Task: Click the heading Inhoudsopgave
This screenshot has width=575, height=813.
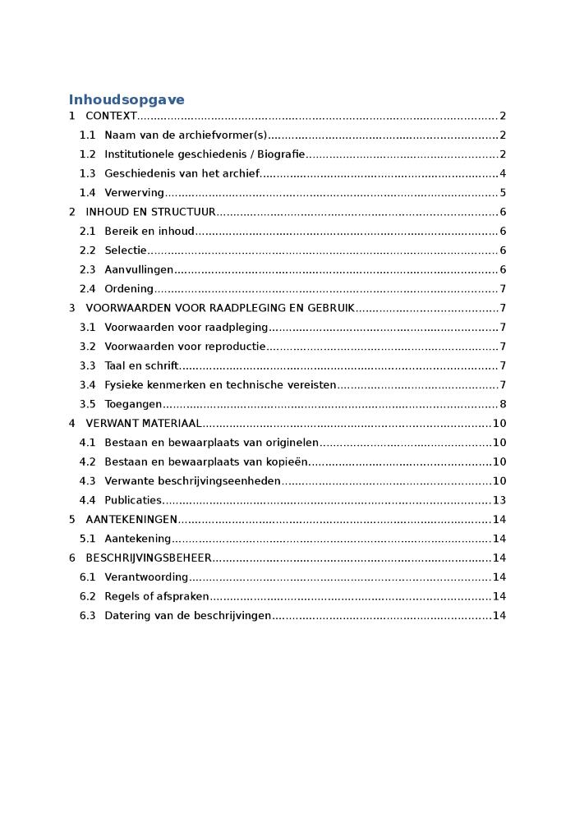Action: tap(126, 100)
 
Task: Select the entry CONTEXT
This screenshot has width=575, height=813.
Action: tap(111, 117)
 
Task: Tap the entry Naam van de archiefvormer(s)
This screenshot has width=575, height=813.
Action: tap(186, 135)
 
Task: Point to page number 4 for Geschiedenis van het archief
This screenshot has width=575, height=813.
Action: tap(503, 174)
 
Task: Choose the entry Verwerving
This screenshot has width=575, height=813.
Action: tap(134, 193)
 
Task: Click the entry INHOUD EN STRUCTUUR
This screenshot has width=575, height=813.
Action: tap(150, 212)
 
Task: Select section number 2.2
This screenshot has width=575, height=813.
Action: tap(87, 250)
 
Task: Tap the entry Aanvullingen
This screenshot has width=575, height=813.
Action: tap(139, 270)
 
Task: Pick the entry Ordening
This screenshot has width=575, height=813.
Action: tap(129, 289)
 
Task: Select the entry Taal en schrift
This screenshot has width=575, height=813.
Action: tap(141, 366)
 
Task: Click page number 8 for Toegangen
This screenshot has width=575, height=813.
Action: tap(503, 404)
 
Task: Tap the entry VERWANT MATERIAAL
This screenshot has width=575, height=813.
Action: tap(144, 424)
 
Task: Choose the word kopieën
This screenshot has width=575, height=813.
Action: tap(287, 462)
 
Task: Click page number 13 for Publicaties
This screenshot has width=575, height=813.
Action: tap(499, 500)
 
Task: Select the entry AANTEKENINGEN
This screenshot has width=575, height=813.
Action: tap(131, 520)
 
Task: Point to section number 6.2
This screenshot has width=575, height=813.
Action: tap(87, 596)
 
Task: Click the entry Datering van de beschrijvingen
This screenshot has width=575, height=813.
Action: tap(187, 616)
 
